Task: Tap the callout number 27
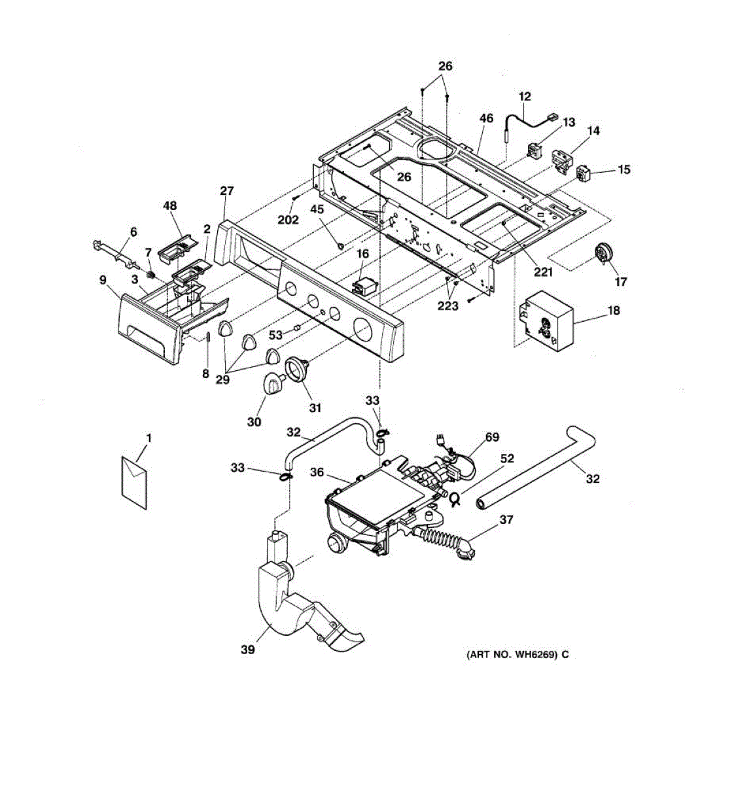click(226, 192)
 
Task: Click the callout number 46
click(485, 118)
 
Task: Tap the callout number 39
click(247, 650)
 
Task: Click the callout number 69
click(491, 436)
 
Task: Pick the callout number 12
click(525, 97)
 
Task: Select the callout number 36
click(317, 472)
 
